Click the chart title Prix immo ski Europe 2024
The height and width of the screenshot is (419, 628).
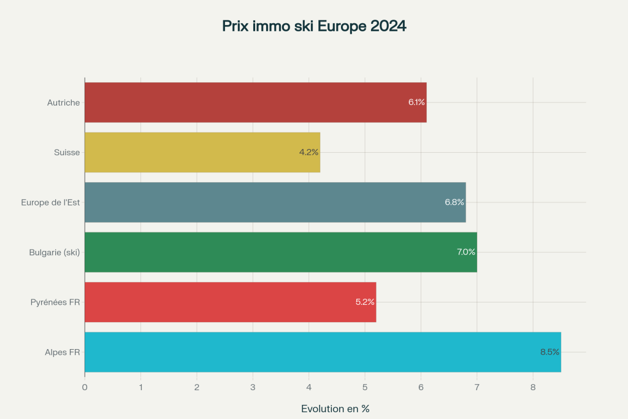click(x=314, y=26)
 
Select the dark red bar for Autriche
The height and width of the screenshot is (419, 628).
click(x=255, y=102)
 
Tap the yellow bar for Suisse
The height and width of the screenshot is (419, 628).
click(x=202, y=152)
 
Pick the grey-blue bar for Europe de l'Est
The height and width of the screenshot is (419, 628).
click(x=275, y=202)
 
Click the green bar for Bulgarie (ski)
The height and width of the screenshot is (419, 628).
click(x=280, y=252)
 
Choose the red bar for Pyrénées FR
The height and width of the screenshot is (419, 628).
click(x=230, y=302)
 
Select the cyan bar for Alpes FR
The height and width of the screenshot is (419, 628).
click(x=323, y=352)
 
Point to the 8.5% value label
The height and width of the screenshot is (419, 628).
click(x=549, y=352)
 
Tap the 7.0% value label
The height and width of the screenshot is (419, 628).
click(x=466, y=252)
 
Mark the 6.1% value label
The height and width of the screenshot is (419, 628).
click(x=417, y=102)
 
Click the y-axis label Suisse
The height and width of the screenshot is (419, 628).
click(x=67, y=152)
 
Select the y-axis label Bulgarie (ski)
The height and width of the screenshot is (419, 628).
click(x=55, y=252)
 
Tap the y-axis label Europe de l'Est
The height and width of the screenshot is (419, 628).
click(x=50, y=202)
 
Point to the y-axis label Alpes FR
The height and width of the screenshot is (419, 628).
click(x=62, y=352)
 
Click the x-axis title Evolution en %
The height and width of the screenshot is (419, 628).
click(x=335, y=409)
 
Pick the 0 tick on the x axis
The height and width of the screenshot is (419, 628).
click(x=85, y=387)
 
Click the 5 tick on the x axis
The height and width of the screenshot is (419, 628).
click(x=365, y=387)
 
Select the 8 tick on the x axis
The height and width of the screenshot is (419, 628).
click(x=533, y=387)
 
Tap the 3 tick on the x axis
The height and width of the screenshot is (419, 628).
click(x=253, y=387)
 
